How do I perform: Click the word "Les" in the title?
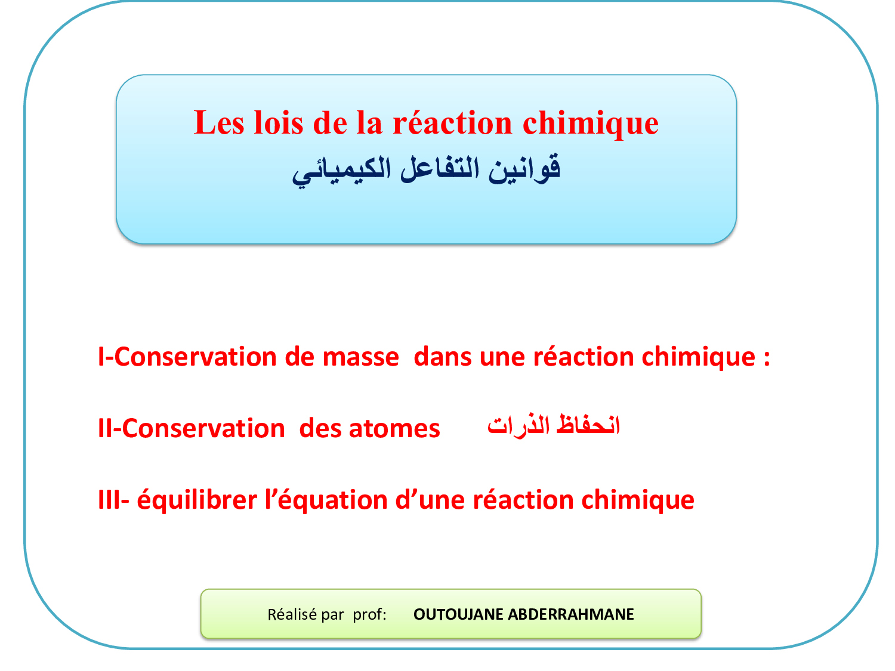click(218, 122)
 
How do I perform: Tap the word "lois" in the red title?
click(279, 122)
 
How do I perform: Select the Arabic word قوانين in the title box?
click(524, 169)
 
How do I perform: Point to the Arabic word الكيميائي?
click(341, 171)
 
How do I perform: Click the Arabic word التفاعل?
click(440, 168)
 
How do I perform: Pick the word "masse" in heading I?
click(360, 357)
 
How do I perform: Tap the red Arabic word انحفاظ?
click(588, 425)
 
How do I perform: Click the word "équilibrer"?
click(197, 499)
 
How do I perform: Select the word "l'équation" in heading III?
click(326, 499)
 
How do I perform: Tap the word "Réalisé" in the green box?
click(292, 614)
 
